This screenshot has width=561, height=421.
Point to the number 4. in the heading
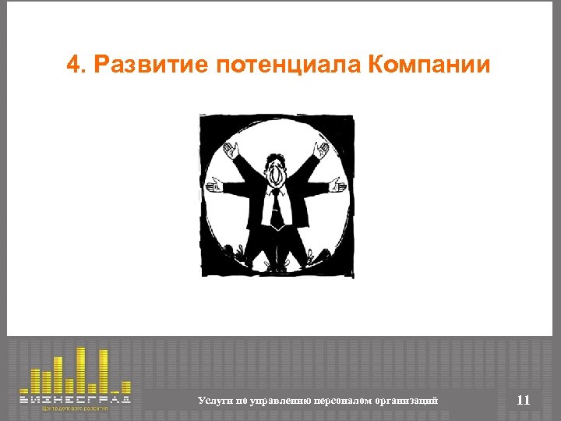[x=76, y=65]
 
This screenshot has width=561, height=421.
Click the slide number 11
[x=523, y=401]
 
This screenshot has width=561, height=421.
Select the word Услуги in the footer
[x=213, y=401]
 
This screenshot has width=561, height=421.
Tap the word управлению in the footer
[x=279, y=401]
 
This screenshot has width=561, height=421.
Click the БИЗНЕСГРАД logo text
[x=75, y=398]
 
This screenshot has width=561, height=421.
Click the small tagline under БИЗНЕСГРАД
[x=75, y=409]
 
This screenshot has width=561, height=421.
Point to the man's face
[x=277, y=173]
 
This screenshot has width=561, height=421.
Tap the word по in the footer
[x=238, y=401]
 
